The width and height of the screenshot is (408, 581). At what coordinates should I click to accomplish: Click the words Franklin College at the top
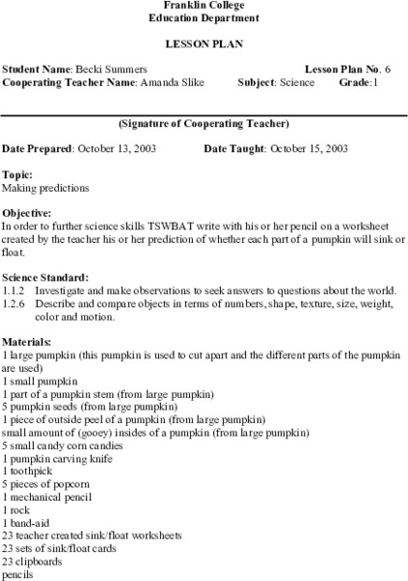point(204,6)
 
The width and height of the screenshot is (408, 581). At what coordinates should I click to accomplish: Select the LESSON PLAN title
point(204,45)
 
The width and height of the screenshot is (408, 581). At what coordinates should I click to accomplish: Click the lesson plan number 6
point(388,71)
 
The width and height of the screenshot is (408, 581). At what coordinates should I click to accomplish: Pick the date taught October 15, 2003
point(307,149)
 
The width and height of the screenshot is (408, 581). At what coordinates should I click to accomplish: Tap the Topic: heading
point(17,174)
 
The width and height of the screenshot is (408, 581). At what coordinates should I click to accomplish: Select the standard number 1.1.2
point(14,289)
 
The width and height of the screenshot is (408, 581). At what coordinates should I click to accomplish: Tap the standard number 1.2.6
point(14,301)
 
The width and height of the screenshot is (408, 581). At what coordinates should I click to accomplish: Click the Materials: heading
point(27,342)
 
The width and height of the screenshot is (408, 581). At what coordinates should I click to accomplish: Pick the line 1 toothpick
point(29,470)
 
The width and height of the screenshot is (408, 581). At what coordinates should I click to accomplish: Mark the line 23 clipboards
point(33,559)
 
